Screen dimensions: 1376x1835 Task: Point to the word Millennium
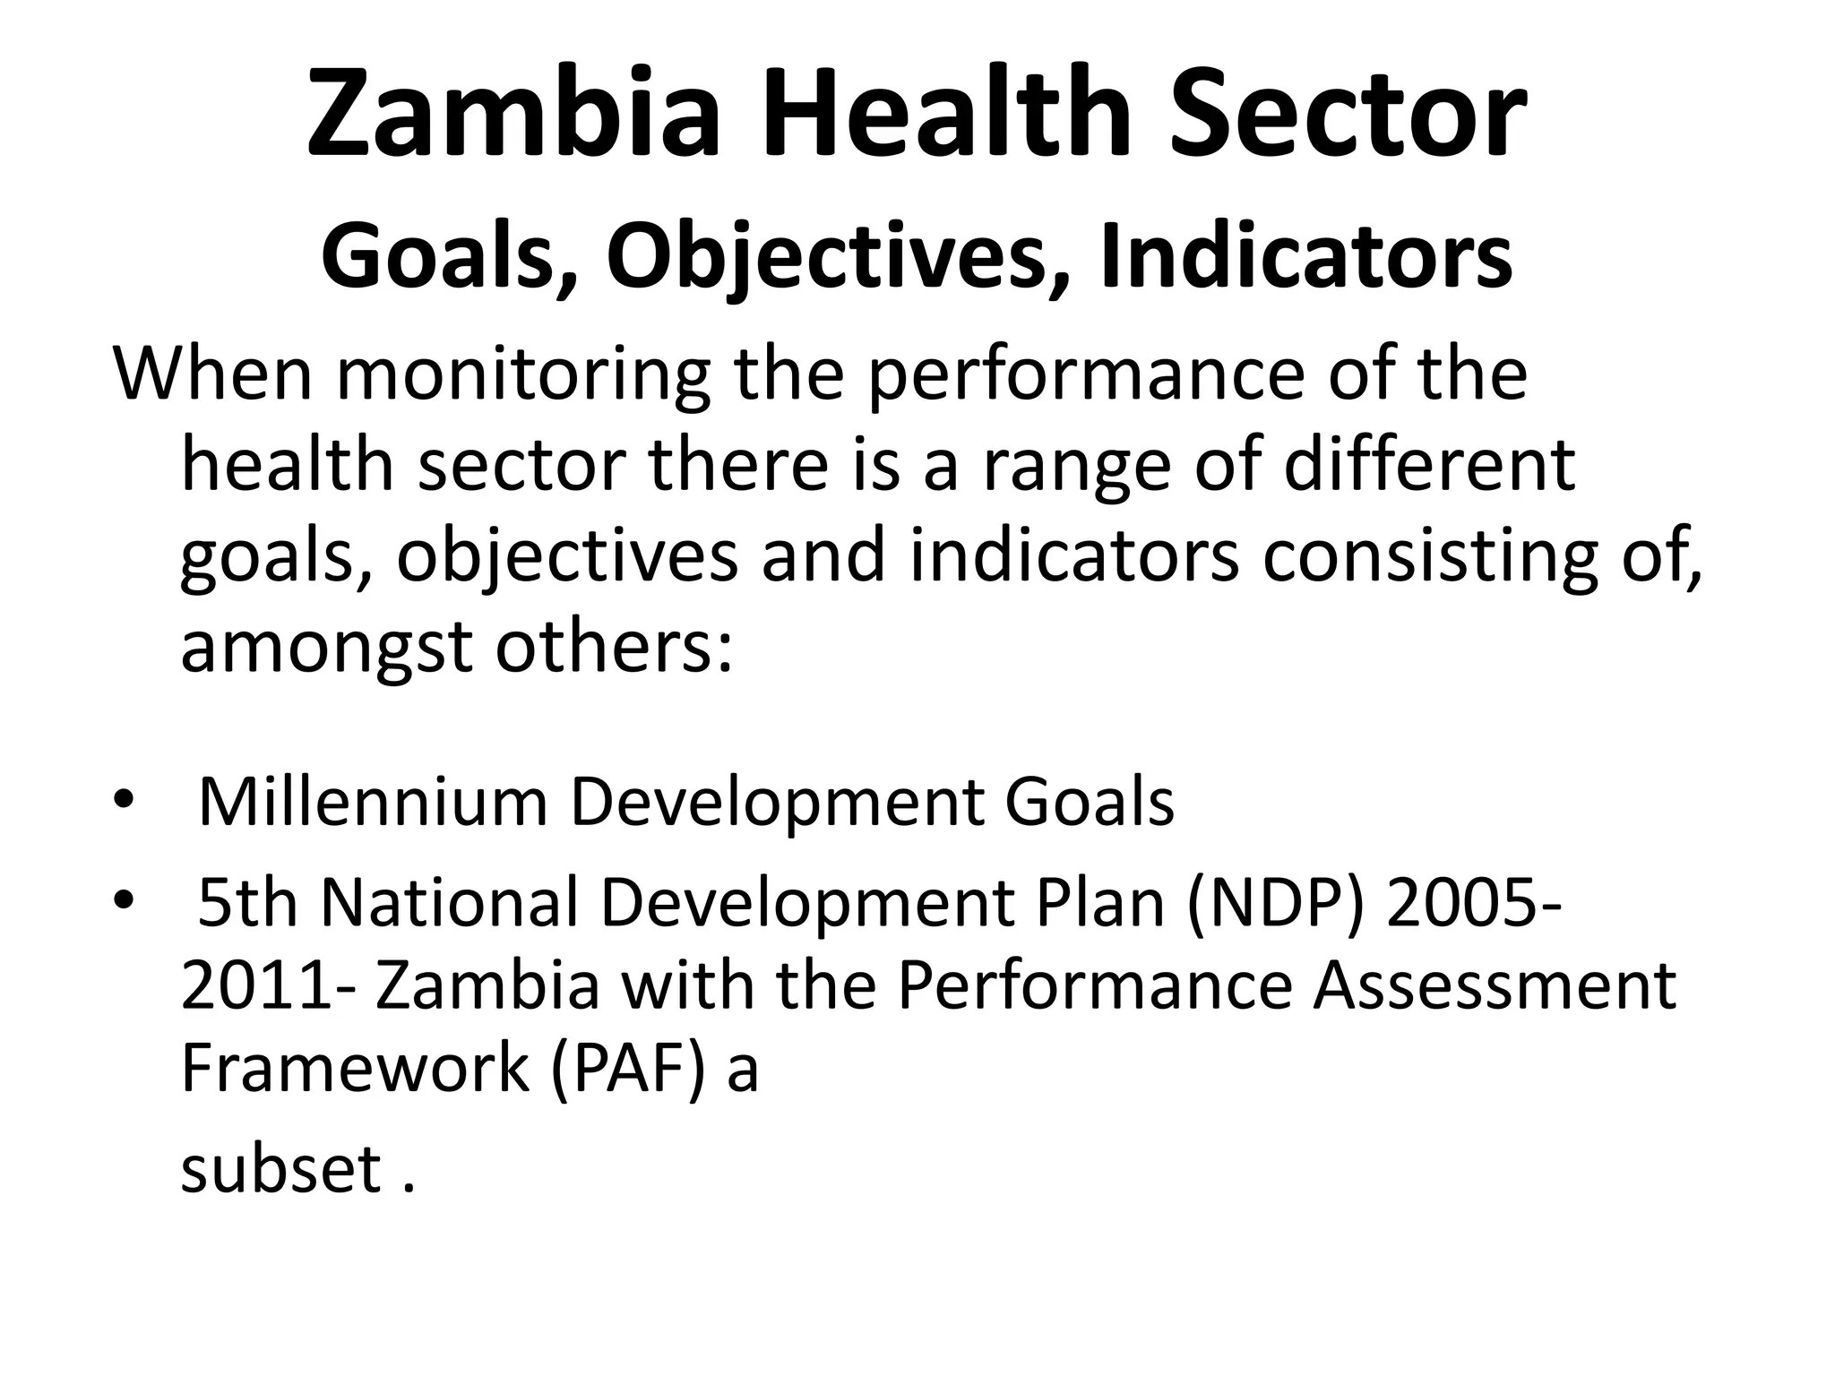coord(372,802)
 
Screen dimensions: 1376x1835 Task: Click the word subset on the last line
coord(281,1168)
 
